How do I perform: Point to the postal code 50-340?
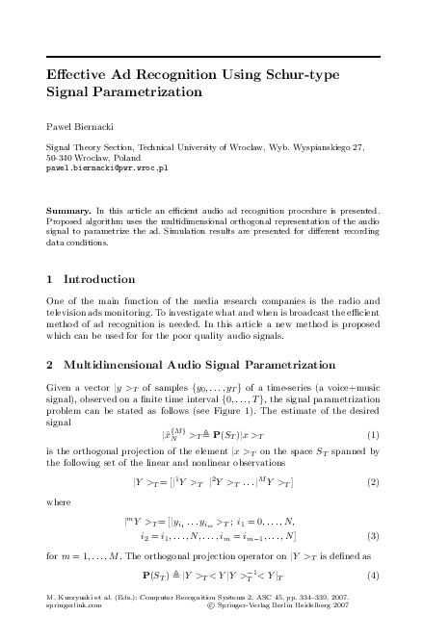pos(63,157)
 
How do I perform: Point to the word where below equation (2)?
pos(58,501)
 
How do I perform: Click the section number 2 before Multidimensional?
pos(50,366)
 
